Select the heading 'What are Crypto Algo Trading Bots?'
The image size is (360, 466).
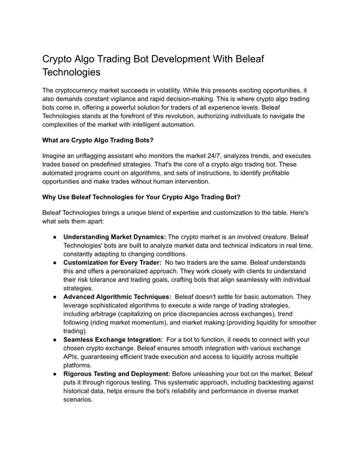(x=98, y=141)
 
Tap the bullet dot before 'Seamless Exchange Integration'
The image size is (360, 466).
(x=54, y=339)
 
